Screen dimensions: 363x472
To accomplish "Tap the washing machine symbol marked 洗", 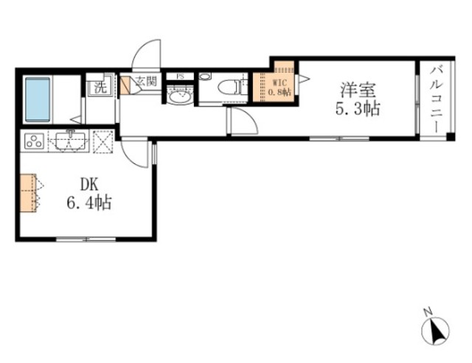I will pyautogui.click(x=98, y=87).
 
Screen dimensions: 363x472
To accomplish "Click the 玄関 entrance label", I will pyautogui.click(x=145, y=82).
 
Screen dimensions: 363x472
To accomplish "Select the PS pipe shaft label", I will pyautogui.click(x=179, y=76).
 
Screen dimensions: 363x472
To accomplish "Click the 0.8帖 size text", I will pyautogui.click(x=279, y=93).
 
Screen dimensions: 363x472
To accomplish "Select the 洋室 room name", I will pyautogui.click(x=359, y=91).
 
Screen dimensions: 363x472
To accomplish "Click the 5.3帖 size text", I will pyautogui.click(x=359, y=110).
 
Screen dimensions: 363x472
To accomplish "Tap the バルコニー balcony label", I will pyautogui.click(x=435, y=99).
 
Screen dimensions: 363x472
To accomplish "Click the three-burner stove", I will pyautogui.click(x=35, y=140).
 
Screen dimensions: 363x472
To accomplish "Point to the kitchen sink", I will pyautogui.click(x=69, y=139).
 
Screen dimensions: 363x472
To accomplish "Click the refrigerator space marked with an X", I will pyautogui.click(x=102, y=140).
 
